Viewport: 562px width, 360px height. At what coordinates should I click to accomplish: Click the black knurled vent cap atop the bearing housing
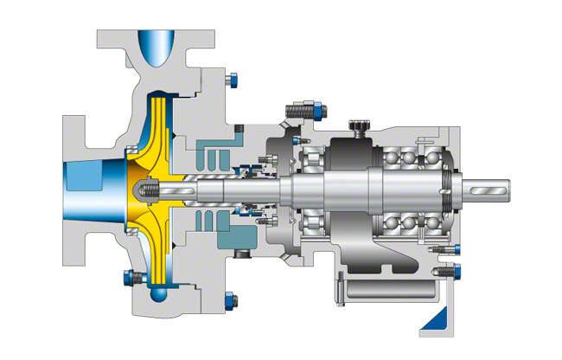pos(356,129)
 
